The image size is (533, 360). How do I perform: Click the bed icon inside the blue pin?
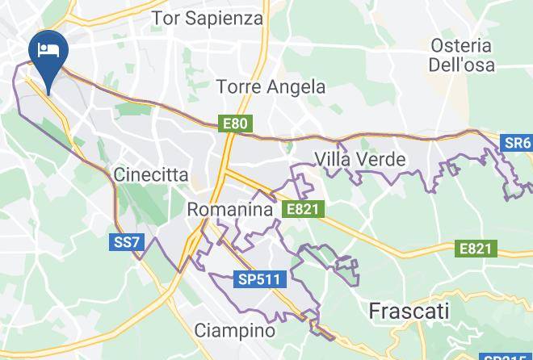48,50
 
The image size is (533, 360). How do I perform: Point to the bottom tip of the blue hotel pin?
48,94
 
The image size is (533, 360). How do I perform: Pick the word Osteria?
461,45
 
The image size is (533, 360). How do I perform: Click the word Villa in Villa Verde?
334,159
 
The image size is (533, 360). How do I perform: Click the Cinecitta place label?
151,174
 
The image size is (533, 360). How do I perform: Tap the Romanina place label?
230,209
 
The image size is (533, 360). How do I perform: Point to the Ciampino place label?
235,330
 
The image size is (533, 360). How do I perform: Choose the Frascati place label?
409,310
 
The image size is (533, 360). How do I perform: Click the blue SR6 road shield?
517,144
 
